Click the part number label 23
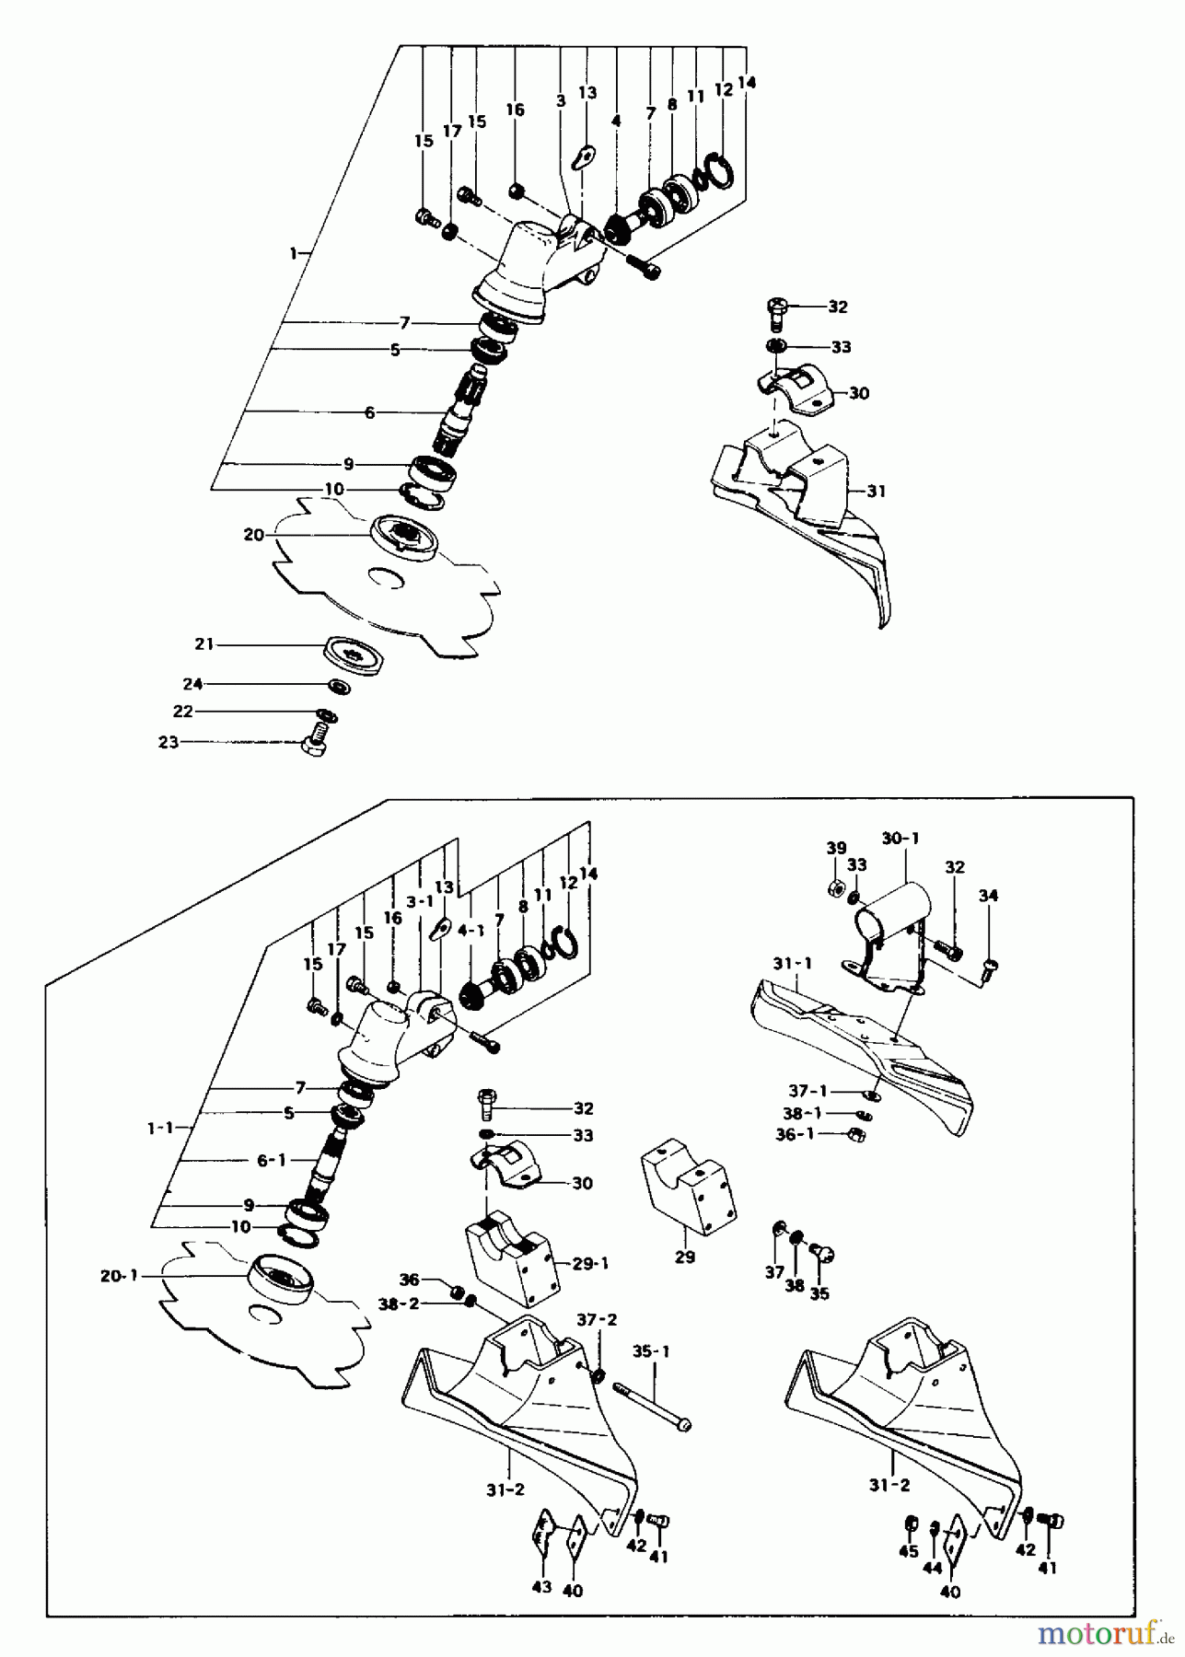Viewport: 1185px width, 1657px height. click(168, 742)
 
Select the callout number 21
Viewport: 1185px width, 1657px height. click(203, 644)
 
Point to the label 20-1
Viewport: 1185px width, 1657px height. click(119, 1276)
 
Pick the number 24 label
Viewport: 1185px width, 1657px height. click(192, 684)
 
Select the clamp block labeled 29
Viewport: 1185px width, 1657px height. click(685, 1185)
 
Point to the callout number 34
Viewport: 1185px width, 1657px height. click(988, 895)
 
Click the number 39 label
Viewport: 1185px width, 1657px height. click(835, 848)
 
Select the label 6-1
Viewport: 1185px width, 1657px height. click(271, 1161)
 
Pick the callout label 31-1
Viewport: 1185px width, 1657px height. click(791, 964)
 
